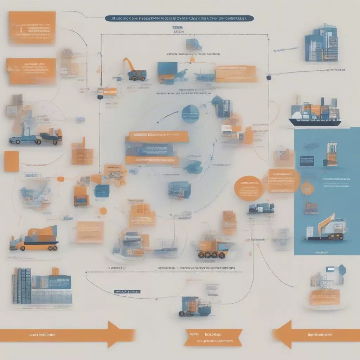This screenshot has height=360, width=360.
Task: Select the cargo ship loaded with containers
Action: (315, 112)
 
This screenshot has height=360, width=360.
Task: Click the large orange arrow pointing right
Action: (67, 334)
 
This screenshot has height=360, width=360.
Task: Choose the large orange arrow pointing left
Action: (316, 334)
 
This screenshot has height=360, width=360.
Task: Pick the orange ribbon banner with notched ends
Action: (213, 337)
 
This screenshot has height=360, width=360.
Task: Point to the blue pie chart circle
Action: (191, 114)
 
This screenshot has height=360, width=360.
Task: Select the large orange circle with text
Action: (249, 188)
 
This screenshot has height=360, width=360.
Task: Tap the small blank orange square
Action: (11, 161)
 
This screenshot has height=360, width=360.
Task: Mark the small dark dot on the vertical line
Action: (269, 77)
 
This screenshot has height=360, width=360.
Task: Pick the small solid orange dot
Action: (103, 211)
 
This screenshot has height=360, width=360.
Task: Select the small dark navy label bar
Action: (127, 291)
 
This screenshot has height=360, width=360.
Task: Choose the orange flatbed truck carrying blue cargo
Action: (34, 239)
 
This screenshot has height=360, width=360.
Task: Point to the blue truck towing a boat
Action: (35, 135)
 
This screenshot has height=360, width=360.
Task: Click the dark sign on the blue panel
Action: (307, 161)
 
